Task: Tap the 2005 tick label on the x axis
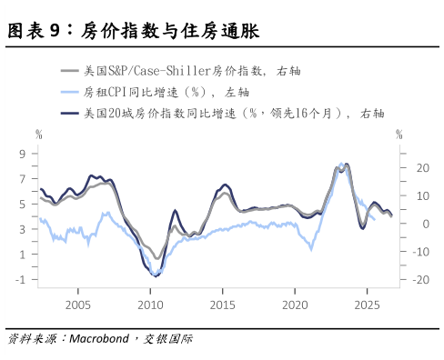(77, 304)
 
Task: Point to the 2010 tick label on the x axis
(150, 304)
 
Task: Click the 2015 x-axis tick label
(223, 304)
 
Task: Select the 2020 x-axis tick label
(296, 304)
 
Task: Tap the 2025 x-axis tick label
(368, 304)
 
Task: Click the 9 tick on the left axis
(21, 154)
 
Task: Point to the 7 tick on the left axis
(21, 179)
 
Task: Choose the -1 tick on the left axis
(19, 279)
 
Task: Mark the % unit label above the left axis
(39, 135)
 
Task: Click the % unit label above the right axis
(399, 135)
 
